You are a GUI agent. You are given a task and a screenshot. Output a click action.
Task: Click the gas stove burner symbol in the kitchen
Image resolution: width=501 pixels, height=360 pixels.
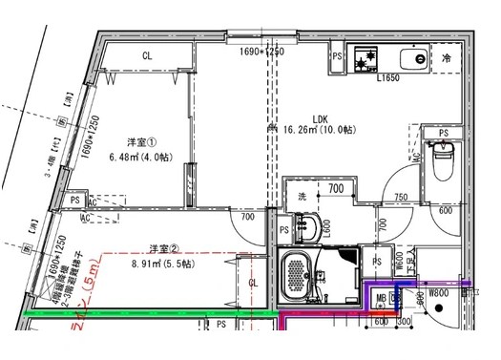click(x=365, y=60)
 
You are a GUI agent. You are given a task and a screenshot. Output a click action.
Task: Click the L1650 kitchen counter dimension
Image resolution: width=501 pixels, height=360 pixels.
click(x=388, y=78)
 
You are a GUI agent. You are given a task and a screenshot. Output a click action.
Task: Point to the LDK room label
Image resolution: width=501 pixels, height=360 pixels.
click(x=292, y=118)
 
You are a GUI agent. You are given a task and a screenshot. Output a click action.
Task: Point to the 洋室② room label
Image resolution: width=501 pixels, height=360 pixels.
click(x=163, y=248)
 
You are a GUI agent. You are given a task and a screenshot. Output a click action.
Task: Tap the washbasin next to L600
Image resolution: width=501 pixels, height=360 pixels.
click(x=308, y=228)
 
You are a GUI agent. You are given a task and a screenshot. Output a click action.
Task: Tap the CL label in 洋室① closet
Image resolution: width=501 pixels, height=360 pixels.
click(x=147, y=56)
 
